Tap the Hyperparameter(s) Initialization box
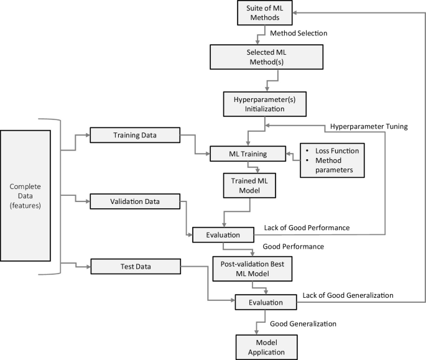(255, 103)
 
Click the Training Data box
(134, 135)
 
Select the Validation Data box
(134, 201)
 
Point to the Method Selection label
(299, 33)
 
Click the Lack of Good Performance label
(307, 228)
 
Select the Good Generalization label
(303, 323)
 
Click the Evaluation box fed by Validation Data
(222, 236)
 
